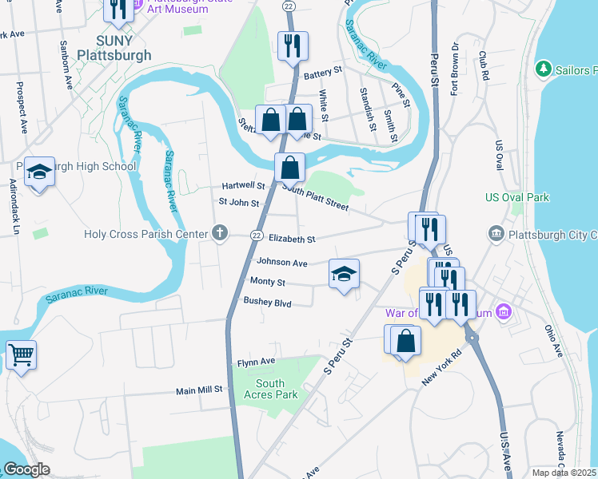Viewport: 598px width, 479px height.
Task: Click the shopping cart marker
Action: coord(21,354)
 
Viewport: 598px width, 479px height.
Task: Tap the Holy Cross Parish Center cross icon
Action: coord(220,234)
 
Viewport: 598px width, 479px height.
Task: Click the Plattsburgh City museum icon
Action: coord(496,234)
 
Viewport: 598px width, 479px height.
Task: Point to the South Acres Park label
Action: coord(270,389)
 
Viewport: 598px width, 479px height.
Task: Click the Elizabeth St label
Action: coord(292,239)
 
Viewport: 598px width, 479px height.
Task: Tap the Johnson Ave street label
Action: coord(281,262)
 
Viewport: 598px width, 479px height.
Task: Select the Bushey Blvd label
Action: coord(268,303)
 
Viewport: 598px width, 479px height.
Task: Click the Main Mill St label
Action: coord(199,390)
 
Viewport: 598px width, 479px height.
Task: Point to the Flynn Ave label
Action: coord(256,362)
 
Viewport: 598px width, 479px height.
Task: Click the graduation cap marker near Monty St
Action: coord(344,275)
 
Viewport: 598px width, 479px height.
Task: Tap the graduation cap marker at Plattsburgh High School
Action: coord(39,172)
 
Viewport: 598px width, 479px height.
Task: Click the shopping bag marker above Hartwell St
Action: coord(289,168)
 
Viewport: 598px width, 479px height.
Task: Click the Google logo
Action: coord(26,469)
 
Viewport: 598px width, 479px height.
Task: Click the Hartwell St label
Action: coord(243,185)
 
